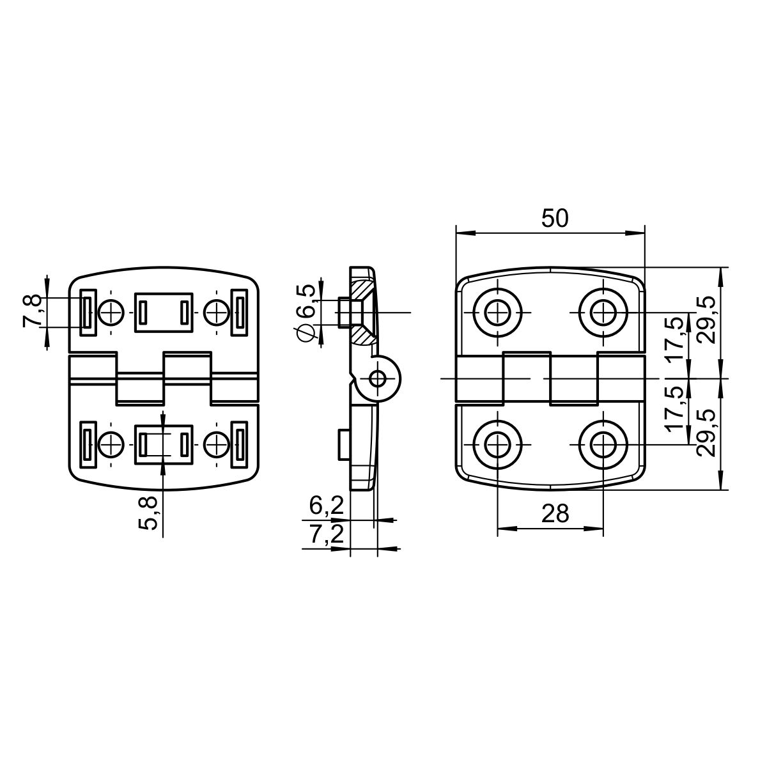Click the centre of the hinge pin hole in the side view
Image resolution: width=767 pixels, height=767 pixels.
377,378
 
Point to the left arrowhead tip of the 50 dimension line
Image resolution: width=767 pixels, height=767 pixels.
456,233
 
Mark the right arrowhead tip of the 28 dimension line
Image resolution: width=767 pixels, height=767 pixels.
603,529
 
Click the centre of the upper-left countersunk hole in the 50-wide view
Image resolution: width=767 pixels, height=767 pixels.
497,313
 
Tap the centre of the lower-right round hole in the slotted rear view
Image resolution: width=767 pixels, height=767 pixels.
217,445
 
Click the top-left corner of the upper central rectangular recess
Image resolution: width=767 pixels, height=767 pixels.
136,293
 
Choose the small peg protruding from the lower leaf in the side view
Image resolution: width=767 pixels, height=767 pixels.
344,444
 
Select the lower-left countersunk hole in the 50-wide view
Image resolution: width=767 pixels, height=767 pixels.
497,445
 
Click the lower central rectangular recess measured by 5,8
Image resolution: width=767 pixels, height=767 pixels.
164,445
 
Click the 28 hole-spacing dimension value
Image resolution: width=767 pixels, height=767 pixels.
555,513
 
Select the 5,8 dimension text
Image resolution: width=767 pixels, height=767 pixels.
148,513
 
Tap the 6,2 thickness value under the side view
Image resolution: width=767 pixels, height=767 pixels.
326,506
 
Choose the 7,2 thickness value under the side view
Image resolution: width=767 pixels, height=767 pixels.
326,534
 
